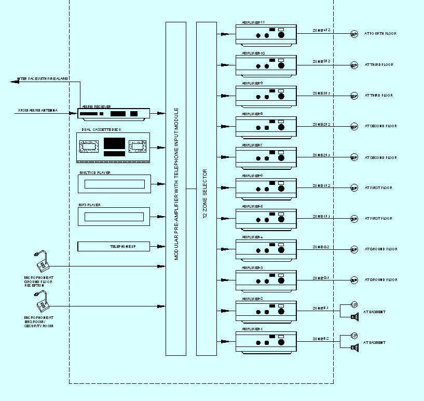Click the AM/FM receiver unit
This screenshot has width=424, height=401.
tap(114, 113)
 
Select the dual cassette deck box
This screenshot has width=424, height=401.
tap(113, 148)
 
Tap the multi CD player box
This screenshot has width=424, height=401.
tap(114, 184)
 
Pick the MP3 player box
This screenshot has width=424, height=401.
tap(114, 216)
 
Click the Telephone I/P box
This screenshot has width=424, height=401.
tap(114, 246)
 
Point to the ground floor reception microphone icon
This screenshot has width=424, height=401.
tap(42, 262)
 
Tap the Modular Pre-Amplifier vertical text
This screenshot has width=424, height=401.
tap(176, 184)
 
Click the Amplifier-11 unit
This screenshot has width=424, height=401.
tap(266, 35)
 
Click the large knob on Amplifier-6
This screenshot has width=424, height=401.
tap(281, 188)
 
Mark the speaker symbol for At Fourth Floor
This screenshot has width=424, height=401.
tap(354, 35)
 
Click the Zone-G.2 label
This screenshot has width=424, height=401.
tap(321, 247)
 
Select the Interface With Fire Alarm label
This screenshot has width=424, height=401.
tap(42, 79)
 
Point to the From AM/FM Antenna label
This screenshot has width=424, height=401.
tap(38, 111)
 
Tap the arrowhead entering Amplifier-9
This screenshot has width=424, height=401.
tap(224, 96)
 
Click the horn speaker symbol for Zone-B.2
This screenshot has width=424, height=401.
tap(354, 347)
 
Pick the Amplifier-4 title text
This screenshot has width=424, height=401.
tap(252, 237)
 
